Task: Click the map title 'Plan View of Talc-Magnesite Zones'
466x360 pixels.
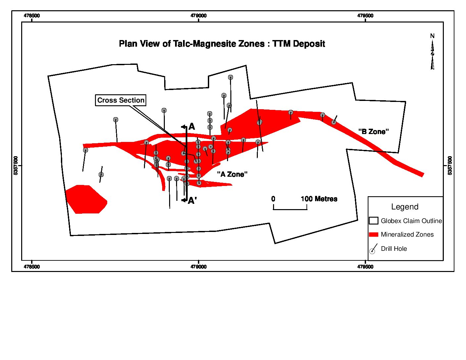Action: (x=222, y=44)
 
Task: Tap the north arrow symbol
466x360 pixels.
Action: (x=432, y=53)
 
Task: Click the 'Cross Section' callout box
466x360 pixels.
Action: (x=121, y=100)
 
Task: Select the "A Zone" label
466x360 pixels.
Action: (x=232, y=174)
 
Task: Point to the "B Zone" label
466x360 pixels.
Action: (x=374, y=132)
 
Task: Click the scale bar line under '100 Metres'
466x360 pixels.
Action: (x=290, y=209)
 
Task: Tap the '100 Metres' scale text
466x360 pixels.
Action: (x=319, y=199)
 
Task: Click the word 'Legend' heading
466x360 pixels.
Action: (x=405, y=207)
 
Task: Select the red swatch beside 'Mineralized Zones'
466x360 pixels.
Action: (x=374, y=235)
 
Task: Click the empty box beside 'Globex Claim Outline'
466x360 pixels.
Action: (x=374, y=221)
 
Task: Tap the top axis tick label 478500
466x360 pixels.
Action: (x=32, y=16)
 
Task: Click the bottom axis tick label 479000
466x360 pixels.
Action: (x=199, y=267)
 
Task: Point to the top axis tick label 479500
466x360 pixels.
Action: (x=365, y=16)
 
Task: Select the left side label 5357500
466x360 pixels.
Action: (x=16, y=165)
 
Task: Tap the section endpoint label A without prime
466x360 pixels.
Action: (x=192, y=127)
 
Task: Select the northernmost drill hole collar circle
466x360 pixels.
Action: (x=230, y=77)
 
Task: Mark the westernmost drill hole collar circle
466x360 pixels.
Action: (x=85, y=150)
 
